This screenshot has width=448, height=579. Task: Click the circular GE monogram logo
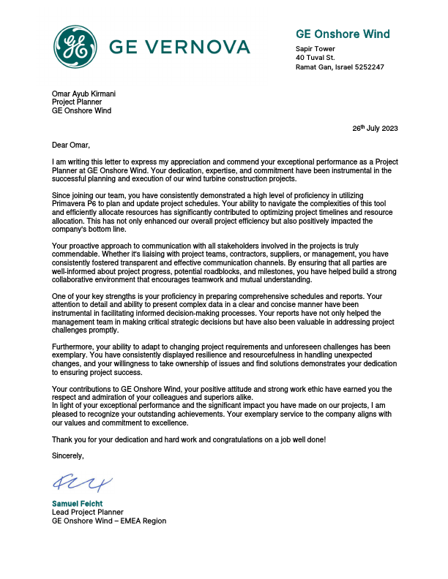(x=75, y=47)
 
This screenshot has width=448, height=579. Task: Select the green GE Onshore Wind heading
(x=342, y=34)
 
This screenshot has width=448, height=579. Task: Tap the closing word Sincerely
(x=68, y=455)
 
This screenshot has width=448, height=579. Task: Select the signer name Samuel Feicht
(x=77, y=504)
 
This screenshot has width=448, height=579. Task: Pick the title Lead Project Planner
(x=87, y=512)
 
